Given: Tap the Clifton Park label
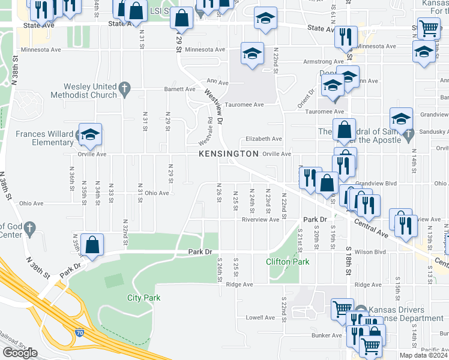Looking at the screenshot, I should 288,262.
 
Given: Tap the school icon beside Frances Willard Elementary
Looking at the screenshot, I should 90,136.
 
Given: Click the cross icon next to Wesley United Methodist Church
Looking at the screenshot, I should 125,89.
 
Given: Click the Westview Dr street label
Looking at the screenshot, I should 214,107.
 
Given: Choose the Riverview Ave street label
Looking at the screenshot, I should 261,220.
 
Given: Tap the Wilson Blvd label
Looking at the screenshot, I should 370,252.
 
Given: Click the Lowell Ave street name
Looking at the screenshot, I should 260,317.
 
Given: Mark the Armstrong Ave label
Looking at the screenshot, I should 306,61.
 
